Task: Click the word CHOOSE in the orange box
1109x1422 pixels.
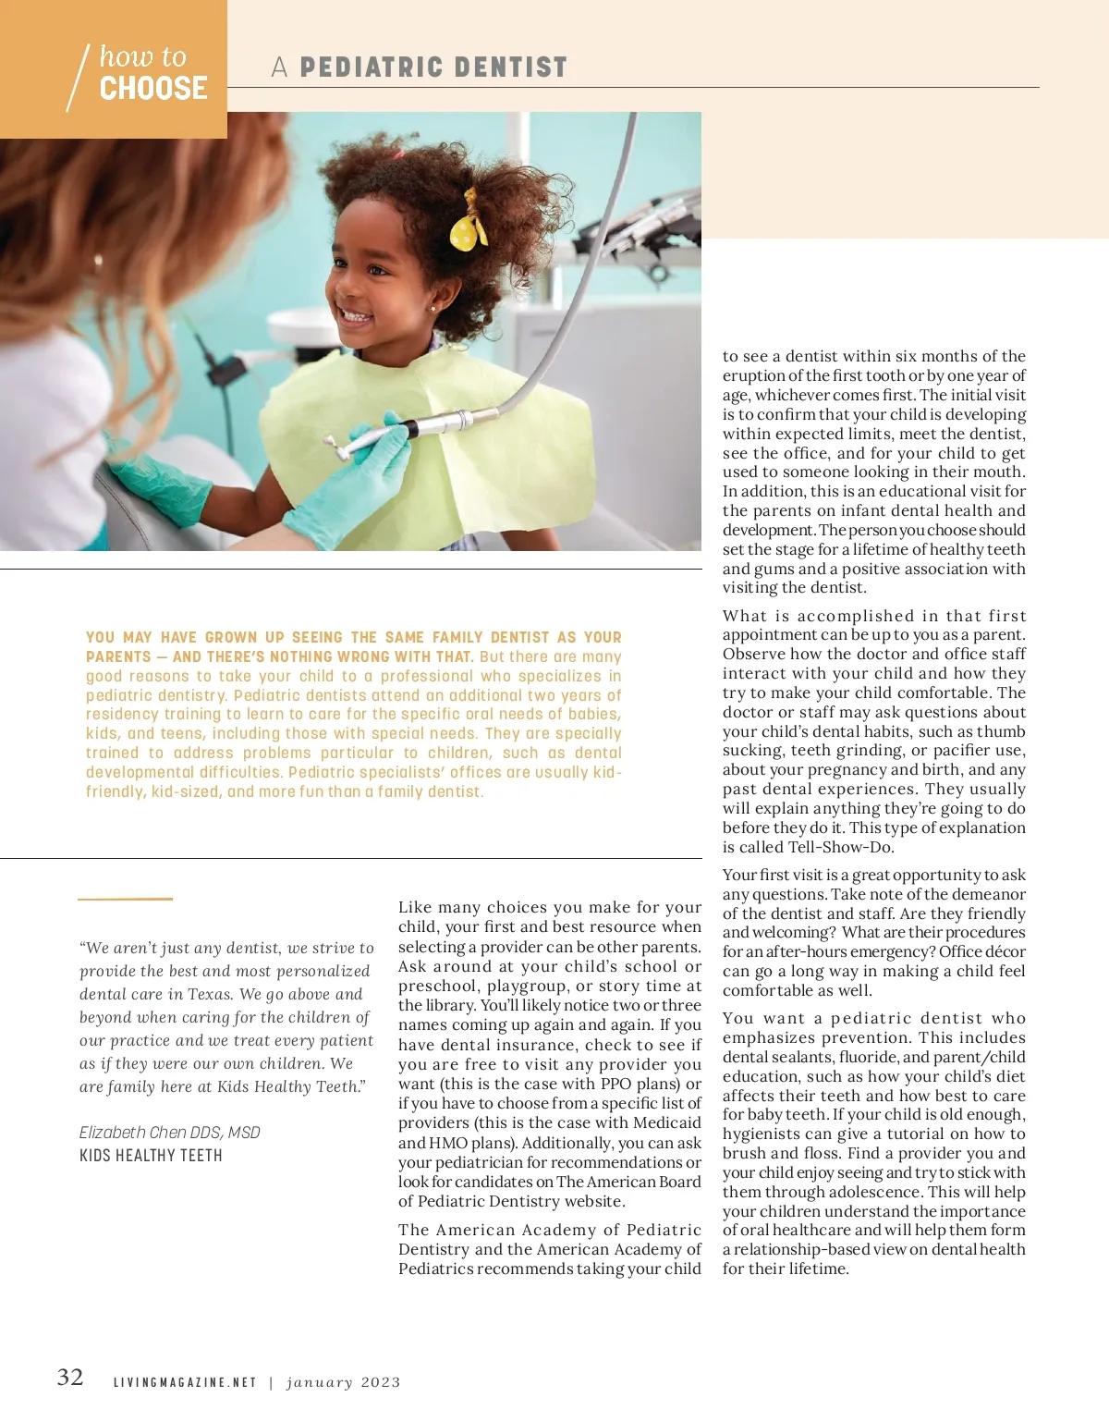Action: [153, 89]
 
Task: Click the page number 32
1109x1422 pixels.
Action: [70, 1378]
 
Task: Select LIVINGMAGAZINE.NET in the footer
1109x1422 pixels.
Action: [185, 1383]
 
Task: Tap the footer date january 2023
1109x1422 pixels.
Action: [344, 1383]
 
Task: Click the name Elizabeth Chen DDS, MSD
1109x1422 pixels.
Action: [170, 1133]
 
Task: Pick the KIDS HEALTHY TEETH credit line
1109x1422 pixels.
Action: [151, 1156]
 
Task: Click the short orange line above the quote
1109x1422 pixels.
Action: [125, 898]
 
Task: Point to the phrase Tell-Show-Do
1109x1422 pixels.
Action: [841, 847]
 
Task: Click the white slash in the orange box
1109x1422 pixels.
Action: [78, 78]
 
